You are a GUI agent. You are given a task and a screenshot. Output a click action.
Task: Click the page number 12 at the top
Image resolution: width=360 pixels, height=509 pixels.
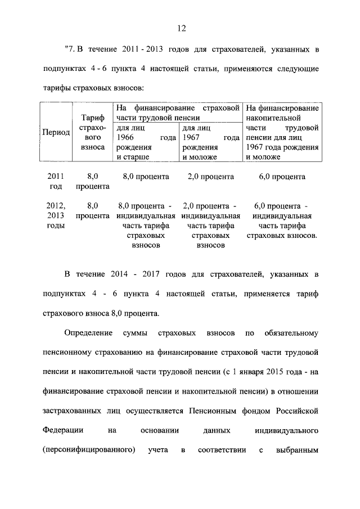[181, 28]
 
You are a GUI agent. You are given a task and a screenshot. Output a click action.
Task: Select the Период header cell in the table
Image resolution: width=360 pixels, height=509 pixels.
[56, 132]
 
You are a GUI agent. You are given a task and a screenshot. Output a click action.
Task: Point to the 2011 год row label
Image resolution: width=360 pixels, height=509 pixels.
[56, 181]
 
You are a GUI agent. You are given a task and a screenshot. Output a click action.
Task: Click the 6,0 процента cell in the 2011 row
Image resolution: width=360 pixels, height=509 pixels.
[282, 177]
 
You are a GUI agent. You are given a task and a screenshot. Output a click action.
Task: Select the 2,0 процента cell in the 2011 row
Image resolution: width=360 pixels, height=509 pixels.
[210, 177]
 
